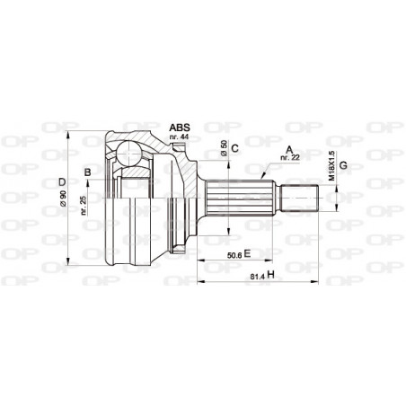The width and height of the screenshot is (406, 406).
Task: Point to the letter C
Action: (234, 147)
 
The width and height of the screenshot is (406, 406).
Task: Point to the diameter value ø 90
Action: (63, 199)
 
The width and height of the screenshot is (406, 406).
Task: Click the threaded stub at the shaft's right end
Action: (303, 196)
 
